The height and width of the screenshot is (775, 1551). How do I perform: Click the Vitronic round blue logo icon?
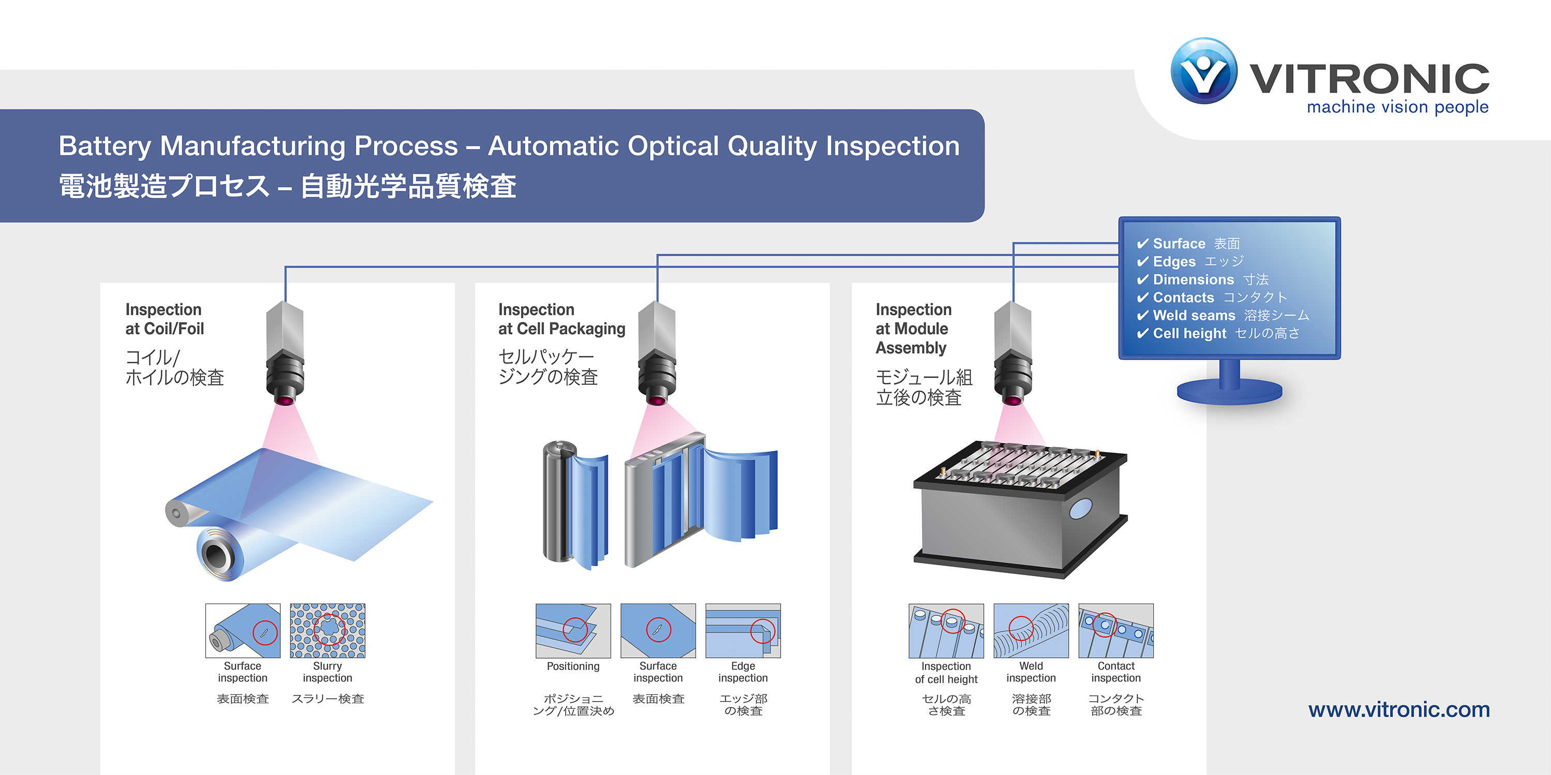[x=1204, y=71]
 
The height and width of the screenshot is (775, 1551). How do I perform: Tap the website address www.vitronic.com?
[x=1398, y=709]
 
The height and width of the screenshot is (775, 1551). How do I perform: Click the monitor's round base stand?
[x=1229, y=392]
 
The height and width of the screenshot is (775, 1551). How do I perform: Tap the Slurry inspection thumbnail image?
[x=328, y=630]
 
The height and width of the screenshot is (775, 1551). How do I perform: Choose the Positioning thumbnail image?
[x=573, y=630]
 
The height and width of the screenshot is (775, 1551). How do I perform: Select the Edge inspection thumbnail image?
[x=743, y=630]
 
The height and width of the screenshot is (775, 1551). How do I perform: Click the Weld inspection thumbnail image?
[x=1031, y=630]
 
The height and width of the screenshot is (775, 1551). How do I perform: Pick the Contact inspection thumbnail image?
[x=1116, y=630]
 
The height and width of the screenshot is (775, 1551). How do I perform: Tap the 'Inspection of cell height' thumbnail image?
[x=946, y=630]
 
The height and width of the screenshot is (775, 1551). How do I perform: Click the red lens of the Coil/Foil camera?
[x=285, y=400]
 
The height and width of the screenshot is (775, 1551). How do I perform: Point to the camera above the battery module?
[x=1013, y=355]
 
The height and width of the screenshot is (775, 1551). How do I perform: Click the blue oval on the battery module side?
[x=1080, y=509]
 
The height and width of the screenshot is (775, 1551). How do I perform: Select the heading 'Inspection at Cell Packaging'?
[x=561, y=319]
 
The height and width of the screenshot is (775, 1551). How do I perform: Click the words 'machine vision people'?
[x=1397, y=107]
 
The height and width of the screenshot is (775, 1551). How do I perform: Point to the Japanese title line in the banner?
[x=287, y=186]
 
